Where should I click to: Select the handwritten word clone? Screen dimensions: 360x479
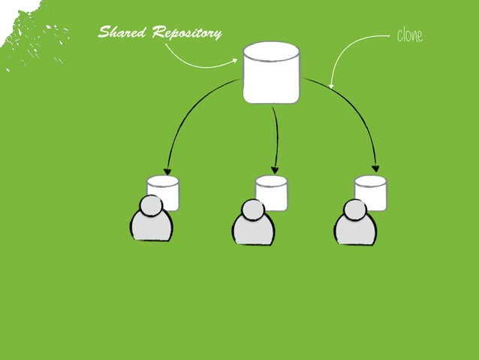[x=408, y=36]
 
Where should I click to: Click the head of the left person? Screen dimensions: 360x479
[x=152, y=205]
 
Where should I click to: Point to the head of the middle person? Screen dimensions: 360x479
[x=253, y=210]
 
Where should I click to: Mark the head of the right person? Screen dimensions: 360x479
[x=354, y=210]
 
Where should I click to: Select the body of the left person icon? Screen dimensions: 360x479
[x=152, y=227]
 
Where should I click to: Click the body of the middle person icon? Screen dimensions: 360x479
[x=253, y=231]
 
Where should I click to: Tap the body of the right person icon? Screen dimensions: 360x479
[x=354, y=231]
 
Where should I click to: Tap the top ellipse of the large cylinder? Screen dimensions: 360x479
[x=271, y=52]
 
